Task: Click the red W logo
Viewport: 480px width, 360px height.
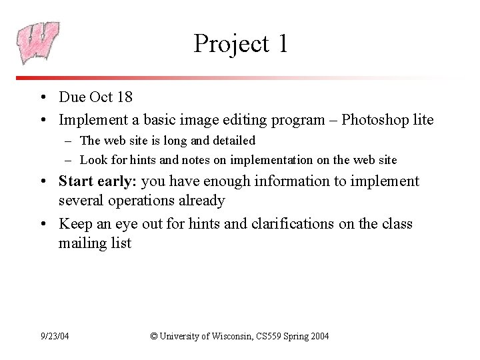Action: (x=38, y=42)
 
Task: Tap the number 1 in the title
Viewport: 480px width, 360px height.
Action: (x=283, y=43)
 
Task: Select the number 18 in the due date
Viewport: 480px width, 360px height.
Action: (x=123, y=97)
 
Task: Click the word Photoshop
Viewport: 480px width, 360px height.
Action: (x=373, y=120)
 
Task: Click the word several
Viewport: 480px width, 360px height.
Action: (x=81, y=200)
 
